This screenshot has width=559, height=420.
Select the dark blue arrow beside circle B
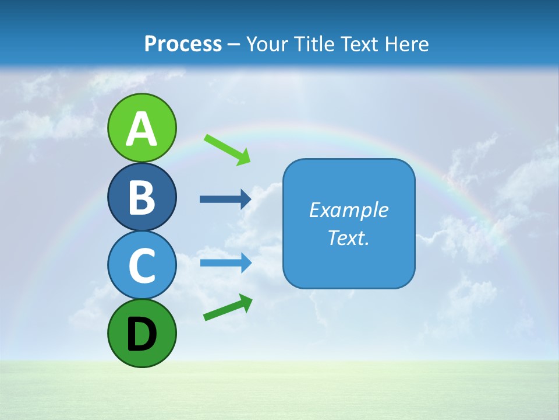point(225,199)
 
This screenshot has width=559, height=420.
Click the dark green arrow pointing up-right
point(228,307)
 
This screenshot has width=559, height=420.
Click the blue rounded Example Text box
point(349,223)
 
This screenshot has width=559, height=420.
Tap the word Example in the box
point(348,210)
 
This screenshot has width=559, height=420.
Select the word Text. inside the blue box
point(348,237)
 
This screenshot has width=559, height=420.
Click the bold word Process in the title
point(183,44)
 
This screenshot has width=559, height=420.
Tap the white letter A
point(141,129)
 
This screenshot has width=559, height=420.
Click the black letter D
point(141,335)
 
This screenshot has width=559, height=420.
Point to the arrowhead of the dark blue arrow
point(245,199)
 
